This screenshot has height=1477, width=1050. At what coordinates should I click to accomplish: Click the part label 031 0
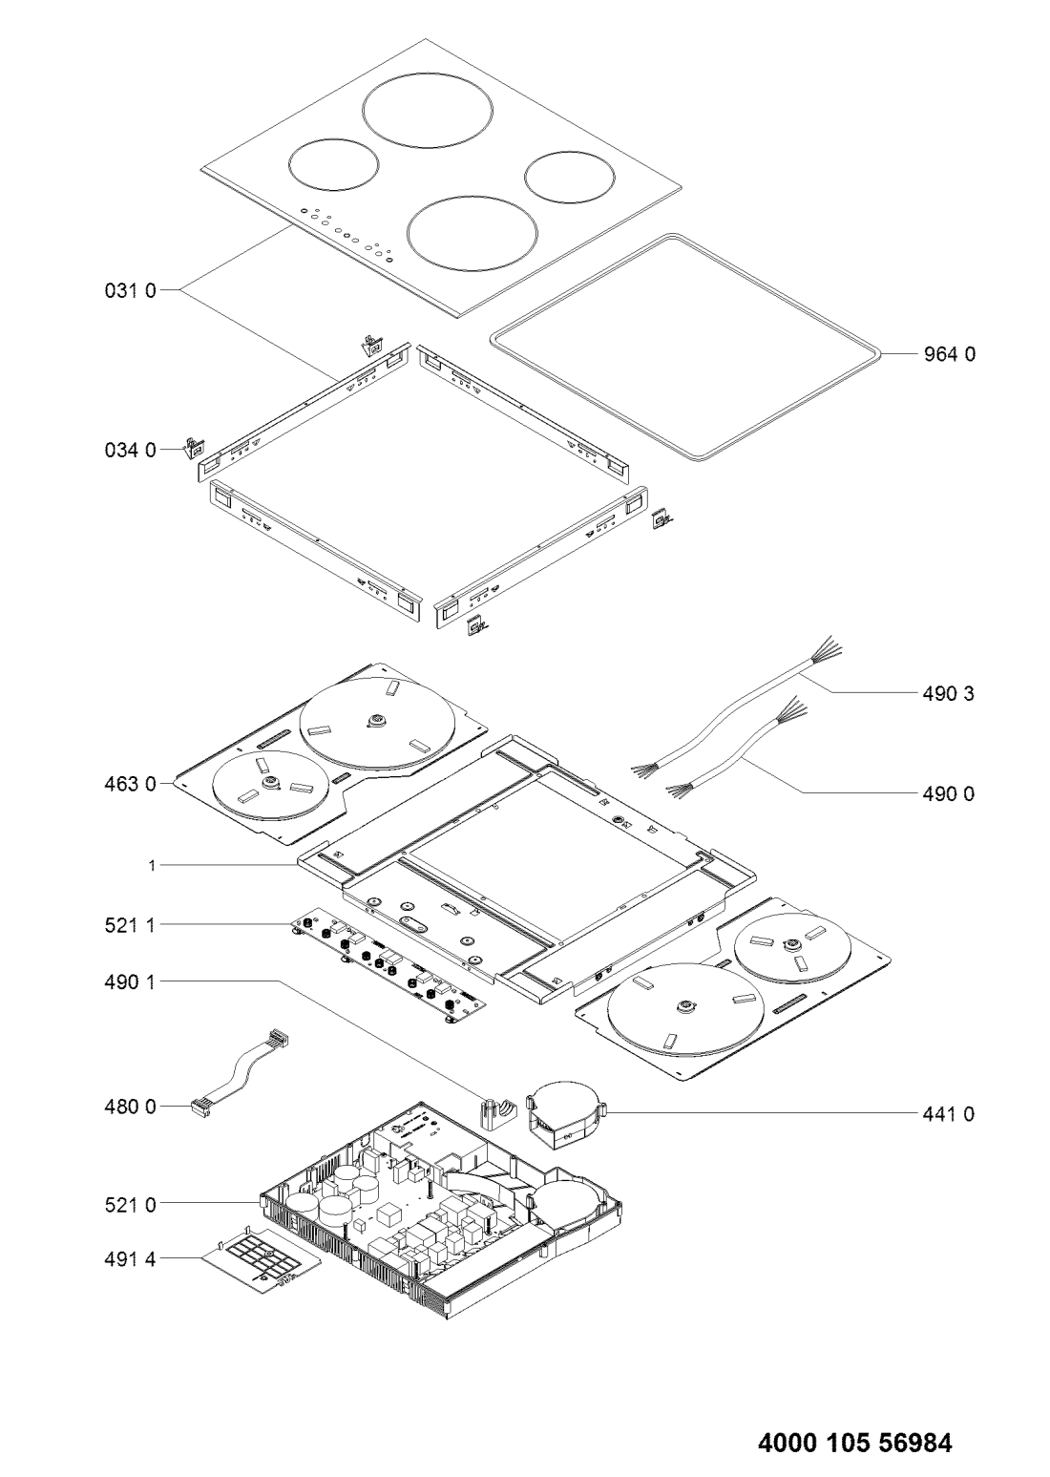tap(131, 291)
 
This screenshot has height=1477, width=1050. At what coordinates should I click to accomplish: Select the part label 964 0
tap(949, 354)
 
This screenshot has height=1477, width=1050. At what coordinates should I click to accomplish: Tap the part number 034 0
tap(131, 451)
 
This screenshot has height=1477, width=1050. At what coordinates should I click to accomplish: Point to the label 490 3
tap(948, 693)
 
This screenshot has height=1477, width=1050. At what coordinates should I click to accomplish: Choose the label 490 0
tap(948, 793)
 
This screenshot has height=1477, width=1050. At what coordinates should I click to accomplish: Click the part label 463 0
tap(131, 784)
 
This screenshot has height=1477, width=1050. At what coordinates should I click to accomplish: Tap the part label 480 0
tap(131, 1108)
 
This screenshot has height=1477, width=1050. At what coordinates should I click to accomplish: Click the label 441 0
tap(948, 1113)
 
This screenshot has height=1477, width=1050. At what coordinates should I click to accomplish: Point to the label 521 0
tap(131, 1205)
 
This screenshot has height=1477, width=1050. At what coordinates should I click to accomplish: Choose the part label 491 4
tap(131, 1260)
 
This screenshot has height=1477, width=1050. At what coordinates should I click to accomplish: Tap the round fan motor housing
tap(565, 1113)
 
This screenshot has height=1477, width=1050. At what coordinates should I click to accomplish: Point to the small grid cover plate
tap(261, 1263)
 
